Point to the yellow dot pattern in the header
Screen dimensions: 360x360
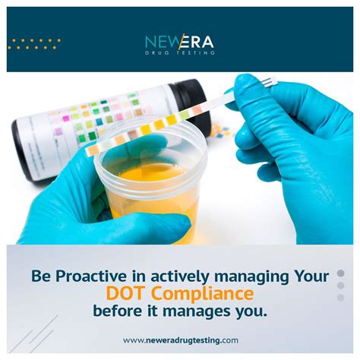point(34,43)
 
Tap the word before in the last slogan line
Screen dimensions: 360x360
point(118,311)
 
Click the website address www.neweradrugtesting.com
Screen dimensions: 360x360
point(181,340)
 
